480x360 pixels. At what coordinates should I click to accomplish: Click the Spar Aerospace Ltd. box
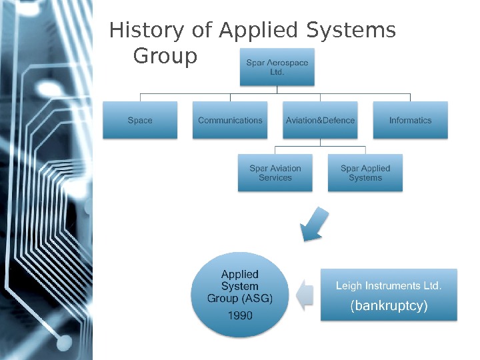click(x=277, y=67)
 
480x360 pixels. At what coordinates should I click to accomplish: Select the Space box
click(x=140, y=120)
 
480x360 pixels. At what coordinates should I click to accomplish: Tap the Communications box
click(x=230, y=120)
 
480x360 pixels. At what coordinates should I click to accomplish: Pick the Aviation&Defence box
click(x=320, y=120)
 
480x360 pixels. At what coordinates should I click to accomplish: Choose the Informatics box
click(x=410, y=120)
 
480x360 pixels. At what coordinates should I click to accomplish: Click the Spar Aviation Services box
click(x=275, y=173)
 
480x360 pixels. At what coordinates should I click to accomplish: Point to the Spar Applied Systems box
click(x=365, y=173)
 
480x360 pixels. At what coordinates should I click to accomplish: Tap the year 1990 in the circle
click(x=240, y=315)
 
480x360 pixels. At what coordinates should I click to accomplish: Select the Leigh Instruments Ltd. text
click(x=388, y=286)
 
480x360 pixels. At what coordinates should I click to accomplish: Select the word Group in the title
click(x=165, y=57)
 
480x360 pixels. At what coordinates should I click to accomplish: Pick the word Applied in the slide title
click(x=258, y=31)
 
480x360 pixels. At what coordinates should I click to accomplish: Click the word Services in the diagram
click(x=275, y=178)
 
